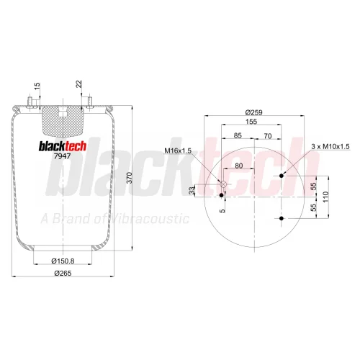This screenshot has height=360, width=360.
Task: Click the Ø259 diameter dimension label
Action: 254,112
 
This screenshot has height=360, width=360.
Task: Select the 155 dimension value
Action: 251,122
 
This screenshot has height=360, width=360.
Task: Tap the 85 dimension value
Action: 238,135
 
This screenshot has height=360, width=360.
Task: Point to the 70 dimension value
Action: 268,136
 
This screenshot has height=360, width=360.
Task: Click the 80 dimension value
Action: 238,166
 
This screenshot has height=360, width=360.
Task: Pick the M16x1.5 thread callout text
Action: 178,151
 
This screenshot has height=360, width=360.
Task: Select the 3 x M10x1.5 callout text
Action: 330,146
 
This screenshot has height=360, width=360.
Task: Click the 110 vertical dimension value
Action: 325,197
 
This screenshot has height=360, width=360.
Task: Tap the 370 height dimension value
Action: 130,178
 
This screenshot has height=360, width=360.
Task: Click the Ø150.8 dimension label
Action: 63,261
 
